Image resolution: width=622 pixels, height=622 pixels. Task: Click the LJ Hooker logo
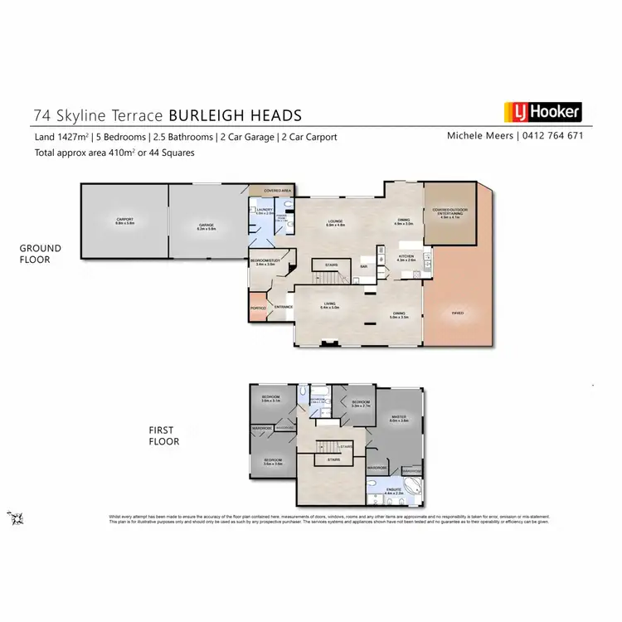click(543, 112)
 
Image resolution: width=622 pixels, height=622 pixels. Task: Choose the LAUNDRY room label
click(265, 211)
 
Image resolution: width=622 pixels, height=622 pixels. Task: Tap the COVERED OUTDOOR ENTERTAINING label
click(449, 211)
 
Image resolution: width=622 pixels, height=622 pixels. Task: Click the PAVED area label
click(457, 313)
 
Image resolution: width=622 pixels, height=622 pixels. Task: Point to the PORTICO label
click(258, 309)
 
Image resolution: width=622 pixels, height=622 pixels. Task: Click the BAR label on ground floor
click(364, 266)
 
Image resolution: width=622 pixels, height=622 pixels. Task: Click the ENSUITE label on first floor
click(394, 492)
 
